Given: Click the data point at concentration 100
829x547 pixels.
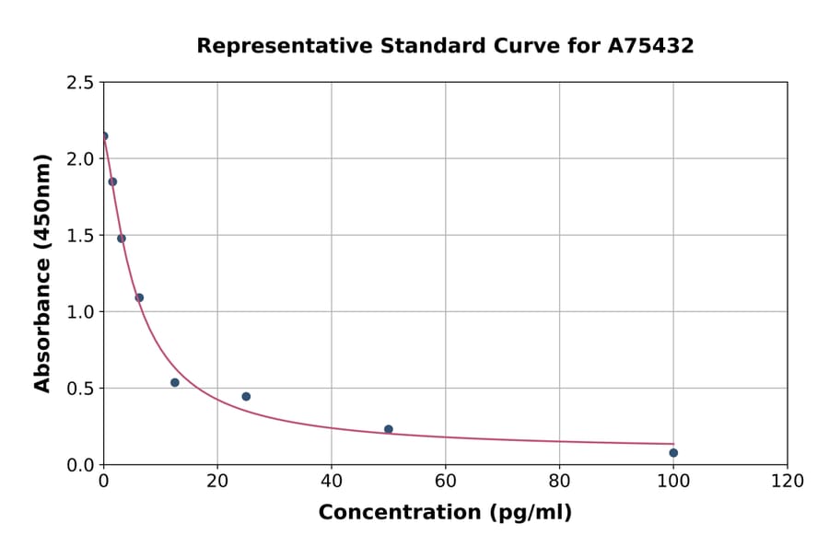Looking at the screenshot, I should coord(673,452).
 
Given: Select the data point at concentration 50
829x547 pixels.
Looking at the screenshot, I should coord(389,429).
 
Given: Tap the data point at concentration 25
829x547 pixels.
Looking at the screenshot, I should coord(246,396).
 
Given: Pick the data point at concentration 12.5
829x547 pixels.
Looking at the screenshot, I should coord(175,382).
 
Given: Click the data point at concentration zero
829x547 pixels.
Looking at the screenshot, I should coord(104,136).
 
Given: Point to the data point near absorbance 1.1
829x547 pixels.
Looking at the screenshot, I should coord(139,297).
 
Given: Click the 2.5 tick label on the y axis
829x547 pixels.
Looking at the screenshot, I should coord(79,83).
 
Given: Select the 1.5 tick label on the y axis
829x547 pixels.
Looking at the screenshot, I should coord(79,236).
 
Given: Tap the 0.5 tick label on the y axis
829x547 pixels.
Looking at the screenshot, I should coord(79,389).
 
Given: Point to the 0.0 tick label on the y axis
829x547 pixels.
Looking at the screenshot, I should coord(79,465).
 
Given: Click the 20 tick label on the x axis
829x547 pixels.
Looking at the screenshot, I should coord(217,482).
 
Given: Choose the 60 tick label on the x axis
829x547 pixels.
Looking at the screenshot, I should coord(445,482).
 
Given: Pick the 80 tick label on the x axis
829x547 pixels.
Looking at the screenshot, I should coord(559,482).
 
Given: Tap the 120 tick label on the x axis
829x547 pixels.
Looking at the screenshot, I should coord(788,482).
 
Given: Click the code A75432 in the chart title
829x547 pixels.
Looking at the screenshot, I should coord(650,46).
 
